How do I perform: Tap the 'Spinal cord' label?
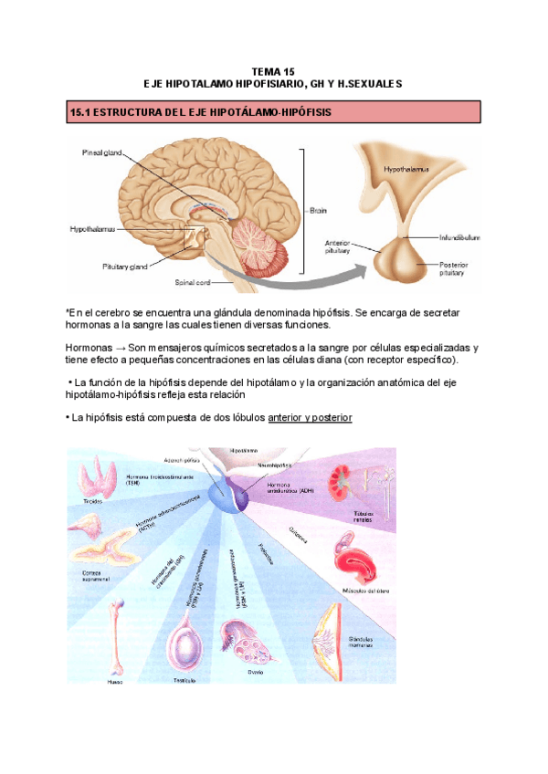(194, 283)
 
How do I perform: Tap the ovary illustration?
(247, 641)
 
